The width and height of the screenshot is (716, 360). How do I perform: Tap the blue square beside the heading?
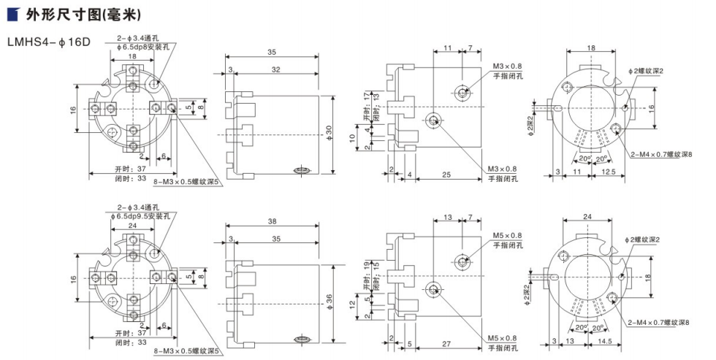(x=12, y=14)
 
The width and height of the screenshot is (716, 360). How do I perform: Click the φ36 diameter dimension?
(x=328, y=298)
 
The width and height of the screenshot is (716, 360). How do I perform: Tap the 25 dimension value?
(x=446, y=175)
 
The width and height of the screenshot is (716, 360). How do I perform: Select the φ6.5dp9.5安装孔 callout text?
(x=141, y=216)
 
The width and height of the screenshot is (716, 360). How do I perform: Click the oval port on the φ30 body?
(x=300, y=170)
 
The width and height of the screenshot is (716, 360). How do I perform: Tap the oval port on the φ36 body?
(x=300, y=338)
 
